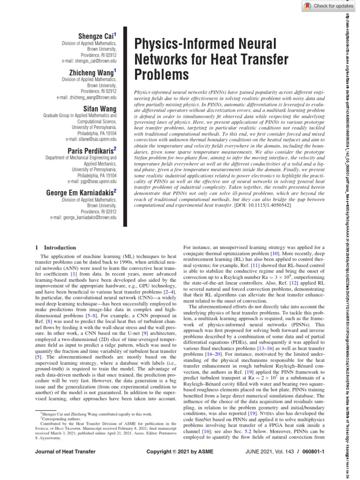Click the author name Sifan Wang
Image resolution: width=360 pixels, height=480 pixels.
click(101, 108)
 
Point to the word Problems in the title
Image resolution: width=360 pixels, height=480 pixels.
click(162, 74)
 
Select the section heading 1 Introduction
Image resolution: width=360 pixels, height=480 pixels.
click(56, 247)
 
